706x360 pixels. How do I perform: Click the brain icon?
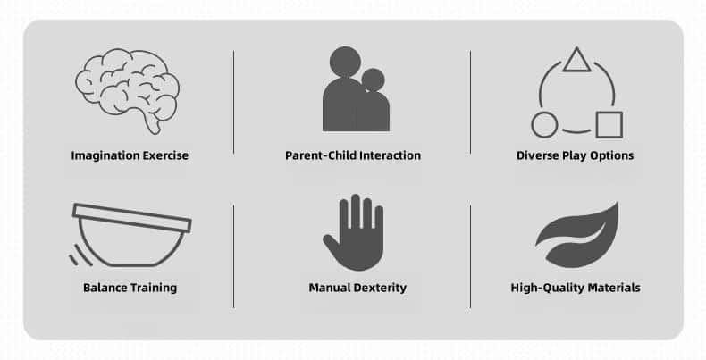(128, 90)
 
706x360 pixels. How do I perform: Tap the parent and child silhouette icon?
(357, 89)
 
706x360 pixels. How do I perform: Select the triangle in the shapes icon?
(576, 62)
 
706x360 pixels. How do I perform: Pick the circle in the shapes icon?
(544, 125)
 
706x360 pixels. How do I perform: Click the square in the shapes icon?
(609, 125)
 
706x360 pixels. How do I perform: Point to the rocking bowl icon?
(130, 235)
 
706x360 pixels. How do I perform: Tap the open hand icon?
(355, 232)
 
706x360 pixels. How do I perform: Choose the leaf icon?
(577, 235)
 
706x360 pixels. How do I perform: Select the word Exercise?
(165, 155)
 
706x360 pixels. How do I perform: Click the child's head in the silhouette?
(373, 80)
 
